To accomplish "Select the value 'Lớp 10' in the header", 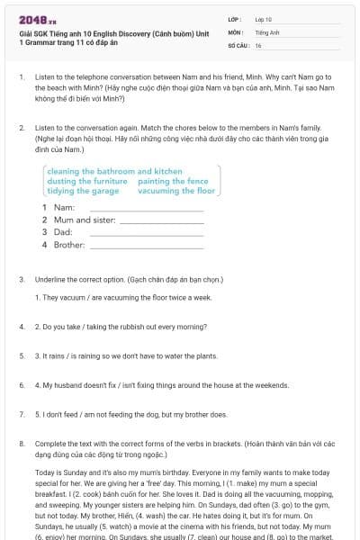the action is click(265, 19).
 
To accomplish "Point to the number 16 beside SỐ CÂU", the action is click(258, 44).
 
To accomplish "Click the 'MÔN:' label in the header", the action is click(236, 31).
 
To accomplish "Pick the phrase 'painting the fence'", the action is click(174, 181).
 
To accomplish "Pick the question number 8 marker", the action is click(21, 444).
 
